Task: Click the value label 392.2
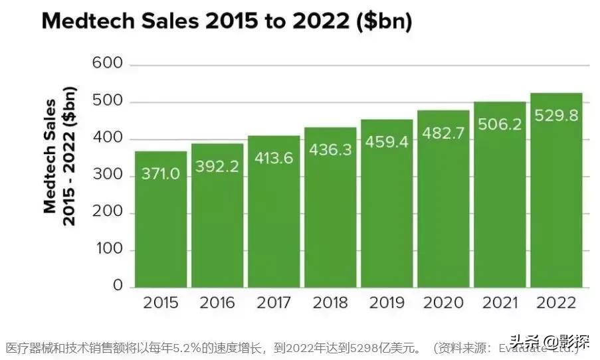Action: click(x=217, y=166)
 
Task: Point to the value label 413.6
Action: click(x=274, y=158)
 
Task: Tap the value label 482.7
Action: click(x=443, y=133)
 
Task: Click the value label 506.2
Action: click(x=500, y=124)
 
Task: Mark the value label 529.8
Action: click(x=556, y=116)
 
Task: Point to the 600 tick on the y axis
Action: click(x=108, y=64)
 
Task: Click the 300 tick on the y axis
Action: click(x=108, y=175)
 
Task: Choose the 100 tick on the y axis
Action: click(x=108, y=250)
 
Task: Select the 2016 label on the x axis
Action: click(x=217, y=303)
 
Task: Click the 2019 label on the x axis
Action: click(x=387, y=303)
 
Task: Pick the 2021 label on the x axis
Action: click(x=500, y=303)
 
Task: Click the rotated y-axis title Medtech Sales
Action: click(x=50, y=156)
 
